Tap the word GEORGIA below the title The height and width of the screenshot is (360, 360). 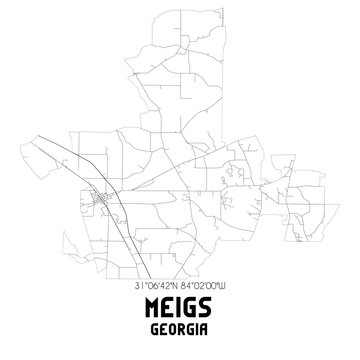pos(180,333)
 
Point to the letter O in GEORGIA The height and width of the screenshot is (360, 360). pos(172,333)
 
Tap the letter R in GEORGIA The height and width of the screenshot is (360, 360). pos(180,333)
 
